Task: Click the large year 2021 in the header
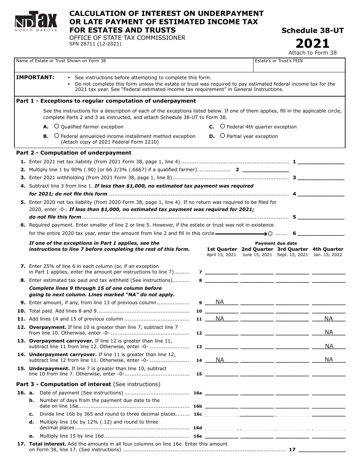coord(312,44)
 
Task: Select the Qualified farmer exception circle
coord(56,127)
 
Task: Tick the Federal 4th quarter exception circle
coord(222,127)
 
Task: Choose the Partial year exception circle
coord(222,136)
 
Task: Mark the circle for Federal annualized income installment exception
coord(56,136)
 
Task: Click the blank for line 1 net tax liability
coord(321,161)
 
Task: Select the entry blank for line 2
coord(265,170)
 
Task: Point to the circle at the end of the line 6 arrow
coord(271,233)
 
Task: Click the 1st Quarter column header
coord(222,249)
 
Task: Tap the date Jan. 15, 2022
coord(328,255)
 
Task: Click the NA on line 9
coord(220,302)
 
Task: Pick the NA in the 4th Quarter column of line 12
coord(329,332)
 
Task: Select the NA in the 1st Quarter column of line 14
coord(220,360)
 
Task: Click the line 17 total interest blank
coord(322,450)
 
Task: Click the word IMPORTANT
coord(35,77)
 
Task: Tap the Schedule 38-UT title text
coord(312,31)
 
